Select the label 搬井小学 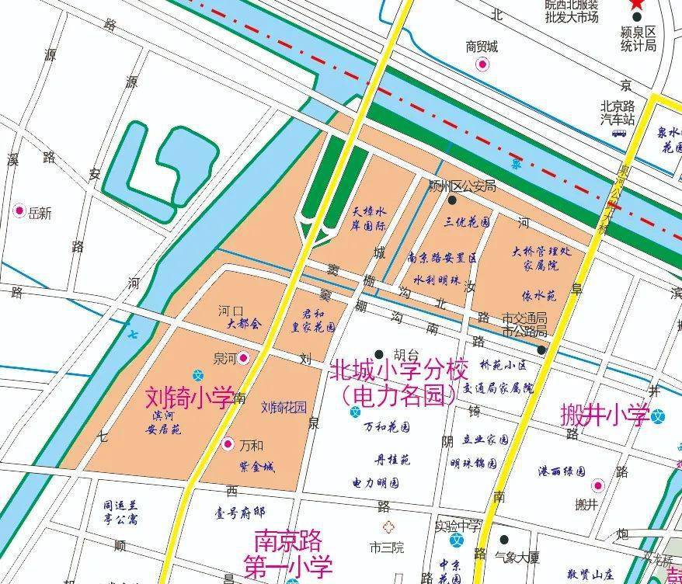(604, 415)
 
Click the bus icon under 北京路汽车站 (619, 133)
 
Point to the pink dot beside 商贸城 (482, 64)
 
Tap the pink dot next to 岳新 (19, 210)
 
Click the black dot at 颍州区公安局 (452, 200)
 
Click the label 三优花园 (467, 221)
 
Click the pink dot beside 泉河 (244, 358)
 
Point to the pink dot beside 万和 (228, 445)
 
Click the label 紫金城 (257, 467)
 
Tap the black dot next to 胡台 (379, 354)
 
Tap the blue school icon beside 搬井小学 (659, 415)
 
